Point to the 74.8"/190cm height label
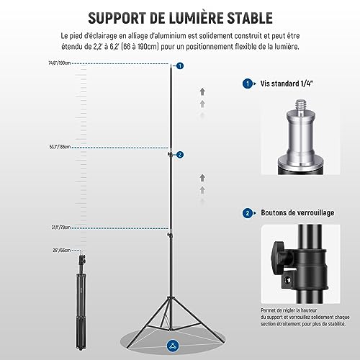tap(59, 64)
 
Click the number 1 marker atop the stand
tap(180, 66)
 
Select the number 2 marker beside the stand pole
tap(180, 154)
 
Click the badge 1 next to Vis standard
tap(248, 84)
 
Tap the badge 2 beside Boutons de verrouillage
tap(248, 213)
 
